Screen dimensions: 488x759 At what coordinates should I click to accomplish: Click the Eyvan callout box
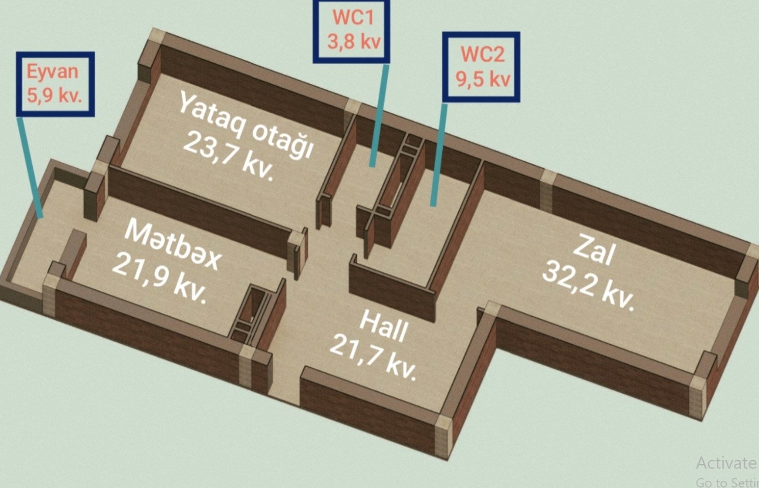tap(55, 84)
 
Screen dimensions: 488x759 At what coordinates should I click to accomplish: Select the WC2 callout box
tap(481, 66)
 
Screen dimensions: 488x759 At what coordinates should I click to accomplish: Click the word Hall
tap(383, 327)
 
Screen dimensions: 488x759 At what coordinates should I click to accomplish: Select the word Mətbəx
tap(173, 245)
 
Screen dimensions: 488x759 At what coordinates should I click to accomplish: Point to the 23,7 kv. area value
tap(228, 156)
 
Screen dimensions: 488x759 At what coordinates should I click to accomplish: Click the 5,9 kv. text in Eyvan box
tap(54, 96)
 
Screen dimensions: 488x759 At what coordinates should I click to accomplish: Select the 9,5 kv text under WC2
tap(483, 78)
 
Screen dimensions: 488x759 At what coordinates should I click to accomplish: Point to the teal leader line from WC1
tap(380, 114)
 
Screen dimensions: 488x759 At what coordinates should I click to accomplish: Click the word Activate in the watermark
tap(726, 462)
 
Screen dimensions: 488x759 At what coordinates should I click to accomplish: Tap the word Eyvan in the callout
tap(52, 73)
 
